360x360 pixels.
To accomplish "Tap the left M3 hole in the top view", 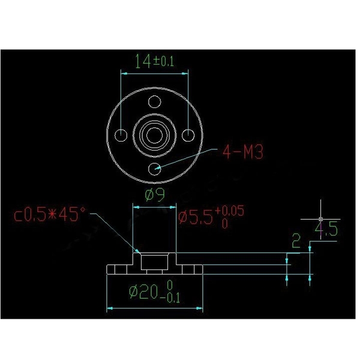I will click(x=122, y=135).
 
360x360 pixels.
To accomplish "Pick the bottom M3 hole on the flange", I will click(x=155, y=168).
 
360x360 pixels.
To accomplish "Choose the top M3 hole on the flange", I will click(x=155, y=102).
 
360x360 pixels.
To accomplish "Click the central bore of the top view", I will click(x=155, y=135).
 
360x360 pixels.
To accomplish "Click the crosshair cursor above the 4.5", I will click(x=321, y=218).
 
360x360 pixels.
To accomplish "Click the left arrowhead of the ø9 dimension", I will click(x=135, y=207).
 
